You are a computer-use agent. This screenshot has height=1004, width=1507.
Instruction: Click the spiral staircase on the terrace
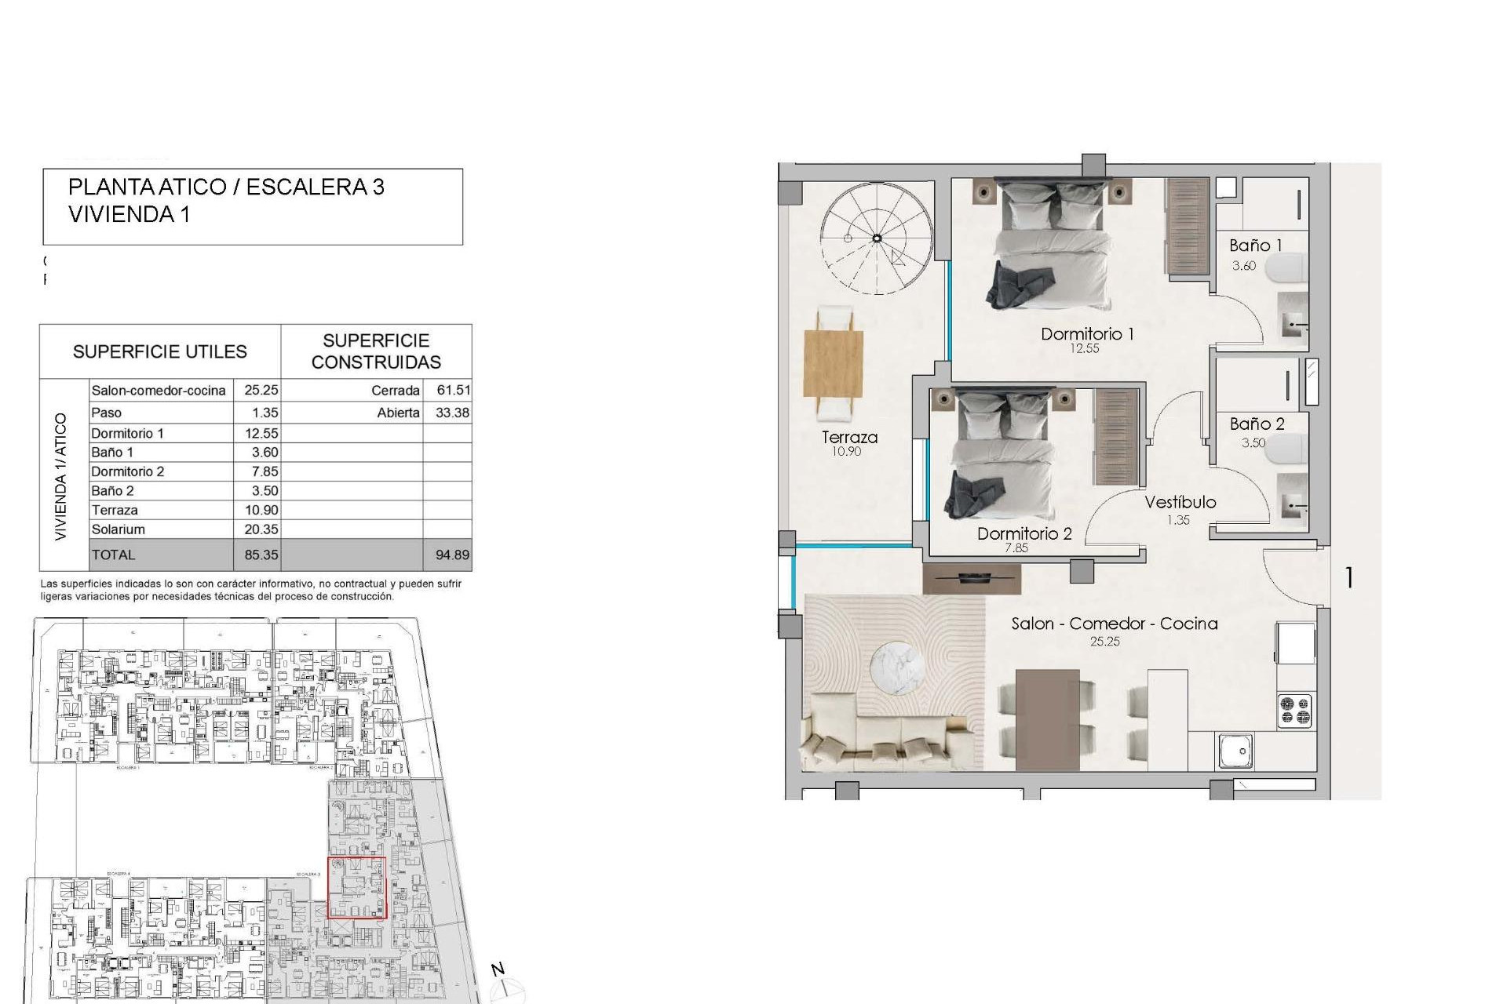pos(877,238)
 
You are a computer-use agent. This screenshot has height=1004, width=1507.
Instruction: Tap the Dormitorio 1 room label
pos(1087,334)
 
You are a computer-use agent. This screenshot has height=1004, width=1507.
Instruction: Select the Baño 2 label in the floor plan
pos(1257,424)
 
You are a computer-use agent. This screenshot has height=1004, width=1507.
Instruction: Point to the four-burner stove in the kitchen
pos(1295,711)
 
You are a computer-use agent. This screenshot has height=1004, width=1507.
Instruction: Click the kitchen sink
pos(1236,751)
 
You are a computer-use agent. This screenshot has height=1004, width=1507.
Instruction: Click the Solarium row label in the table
pos(119,529)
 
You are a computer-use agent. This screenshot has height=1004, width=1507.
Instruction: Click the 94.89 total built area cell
pos(452,555)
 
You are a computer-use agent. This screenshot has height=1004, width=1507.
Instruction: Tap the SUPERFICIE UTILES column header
pos(160,352)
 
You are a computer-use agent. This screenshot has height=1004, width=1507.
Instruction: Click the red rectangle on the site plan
pos(356,887)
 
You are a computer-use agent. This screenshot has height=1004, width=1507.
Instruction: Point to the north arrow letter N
pos(498,969)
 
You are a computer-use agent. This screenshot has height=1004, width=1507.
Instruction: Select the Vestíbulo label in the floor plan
pos(1180,503)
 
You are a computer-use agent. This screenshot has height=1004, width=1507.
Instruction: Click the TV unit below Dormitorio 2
pos(972,579)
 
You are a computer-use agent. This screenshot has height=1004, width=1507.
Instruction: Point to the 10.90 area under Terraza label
pos(846,452)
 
